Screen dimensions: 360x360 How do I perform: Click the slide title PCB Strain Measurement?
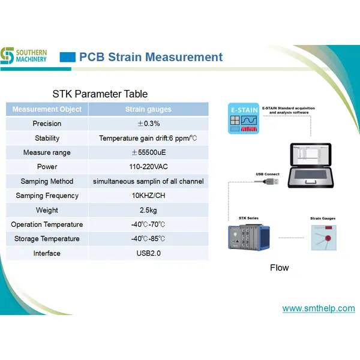(151, 58)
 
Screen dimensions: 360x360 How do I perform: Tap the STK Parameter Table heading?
(100, 94)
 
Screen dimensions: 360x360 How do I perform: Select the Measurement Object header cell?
(47, 109)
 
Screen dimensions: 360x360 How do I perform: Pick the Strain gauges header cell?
(148, 109)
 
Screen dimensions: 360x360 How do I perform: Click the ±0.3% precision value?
(148, 124)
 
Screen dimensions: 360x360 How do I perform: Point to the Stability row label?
(47, 138)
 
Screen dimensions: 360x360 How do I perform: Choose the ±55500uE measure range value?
(148, 152)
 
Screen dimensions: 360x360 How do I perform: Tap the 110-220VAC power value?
(148, 167)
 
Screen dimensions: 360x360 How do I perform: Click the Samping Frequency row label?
(47, 196)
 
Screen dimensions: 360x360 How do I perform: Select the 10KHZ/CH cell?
(148, 196)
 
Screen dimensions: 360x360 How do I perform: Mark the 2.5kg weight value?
(148, 210)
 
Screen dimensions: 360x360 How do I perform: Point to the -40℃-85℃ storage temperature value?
(148, 239)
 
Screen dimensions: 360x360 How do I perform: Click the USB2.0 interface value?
(148, 253)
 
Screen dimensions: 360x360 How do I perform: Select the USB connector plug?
(272, 181)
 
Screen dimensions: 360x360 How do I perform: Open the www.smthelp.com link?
(319, 308)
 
